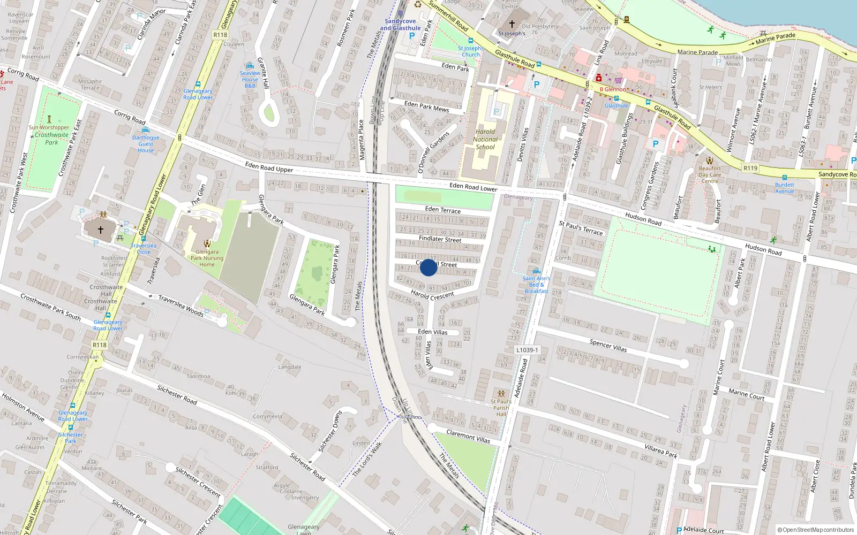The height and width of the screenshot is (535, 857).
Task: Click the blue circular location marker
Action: [428, 267]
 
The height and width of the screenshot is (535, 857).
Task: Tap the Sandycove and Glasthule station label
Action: [400, 25]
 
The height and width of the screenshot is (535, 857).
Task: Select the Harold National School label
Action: [485, 139]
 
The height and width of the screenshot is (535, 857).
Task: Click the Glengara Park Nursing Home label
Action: [207, 258]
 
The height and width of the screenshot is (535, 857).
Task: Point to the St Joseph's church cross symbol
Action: [512, 25]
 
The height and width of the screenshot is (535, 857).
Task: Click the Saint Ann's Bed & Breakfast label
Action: [536, 285]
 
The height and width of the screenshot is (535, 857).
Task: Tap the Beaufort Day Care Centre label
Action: [710, 174]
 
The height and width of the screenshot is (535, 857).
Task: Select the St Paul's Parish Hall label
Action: [501, 408]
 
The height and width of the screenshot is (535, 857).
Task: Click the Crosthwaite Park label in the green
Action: [51, 139]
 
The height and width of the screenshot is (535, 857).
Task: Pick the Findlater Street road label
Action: [440, 239]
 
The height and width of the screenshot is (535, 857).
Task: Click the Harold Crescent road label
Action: [432, 295]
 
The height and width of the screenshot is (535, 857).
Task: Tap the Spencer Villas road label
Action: [608, 345]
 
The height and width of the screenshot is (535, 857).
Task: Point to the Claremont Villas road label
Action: [468, 437]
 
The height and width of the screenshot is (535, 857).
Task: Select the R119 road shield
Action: [750, 168]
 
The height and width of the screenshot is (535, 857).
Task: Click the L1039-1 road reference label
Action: [527, 350]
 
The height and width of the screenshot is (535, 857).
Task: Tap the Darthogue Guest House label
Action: [146, 144]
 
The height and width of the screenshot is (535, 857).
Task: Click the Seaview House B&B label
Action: [250, 79]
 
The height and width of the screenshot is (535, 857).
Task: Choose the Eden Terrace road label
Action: [442, 210]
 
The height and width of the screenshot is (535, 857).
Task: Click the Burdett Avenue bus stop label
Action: [784, 188]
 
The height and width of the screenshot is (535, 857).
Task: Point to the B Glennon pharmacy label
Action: [613, 89]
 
